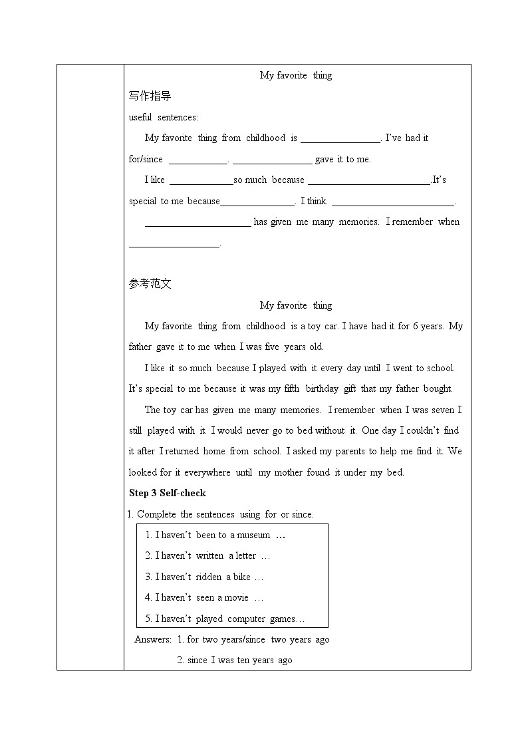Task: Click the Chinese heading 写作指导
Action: tap(150, 96)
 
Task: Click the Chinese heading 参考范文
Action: tap(150, 284)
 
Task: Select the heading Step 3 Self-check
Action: tap(167, 493)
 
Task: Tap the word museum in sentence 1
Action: tap(254, 535)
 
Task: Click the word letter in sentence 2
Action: tap(245, 555)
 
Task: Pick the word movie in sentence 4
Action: tap(236, 597)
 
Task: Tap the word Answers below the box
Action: tap(153, 639)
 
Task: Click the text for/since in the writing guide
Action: tap(146, 159)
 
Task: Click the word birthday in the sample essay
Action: tap(322, 388)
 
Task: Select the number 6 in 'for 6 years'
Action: tap(414, 326)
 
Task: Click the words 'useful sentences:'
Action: tap(163, 117)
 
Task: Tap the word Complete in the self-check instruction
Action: tap(157, 514)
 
